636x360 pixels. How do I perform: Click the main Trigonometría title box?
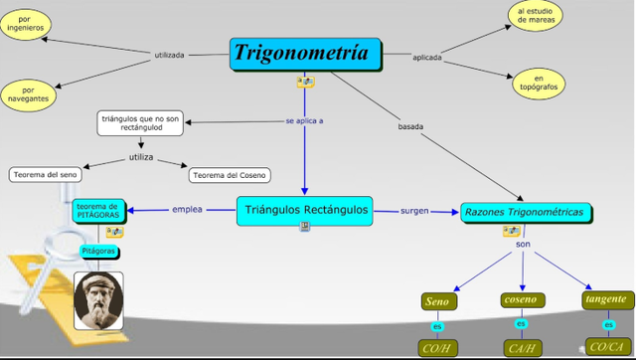tap(306, 54)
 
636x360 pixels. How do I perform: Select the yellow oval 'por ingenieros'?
tap(24, 25)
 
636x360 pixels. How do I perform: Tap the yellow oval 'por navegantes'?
tap(26, 94)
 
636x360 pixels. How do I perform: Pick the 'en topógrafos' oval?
tap(540, 84)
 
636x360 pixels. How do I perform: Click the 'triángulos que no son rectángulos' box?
tap(139, 122)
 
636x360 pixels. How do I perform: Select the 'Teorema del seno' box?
tap(43, 175)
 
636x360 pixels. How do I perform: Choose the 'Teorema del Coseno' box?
tap(229, 175)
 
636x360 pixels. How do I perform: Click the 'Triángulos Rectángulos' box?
tap(305, 209)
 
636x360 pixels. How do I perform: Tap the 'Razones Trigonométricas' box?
tap(528, 212)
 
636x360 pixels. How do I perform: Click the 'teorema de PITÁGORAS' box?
tap(97, 211)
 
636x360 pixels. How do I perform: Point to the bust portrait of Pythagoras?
tap(98, 301)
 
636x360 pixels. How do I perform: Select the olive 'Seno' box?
tap(437, 301)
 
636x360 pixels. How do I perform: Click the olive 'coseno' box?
tap(520, 299)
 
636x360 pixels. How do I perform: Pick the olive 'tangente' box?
tap(606, 298)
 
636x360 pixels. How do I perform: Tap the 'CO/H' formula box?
tap(437, 348)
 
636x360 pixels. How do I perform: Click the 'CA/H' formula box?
tap(522, 348)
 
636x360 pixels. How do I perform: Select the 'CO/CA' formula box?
tap(606, 347)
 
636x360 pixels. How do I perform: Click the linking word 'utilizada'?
tap(169, 55)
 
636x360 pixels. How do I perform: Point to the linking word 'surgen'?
tap(414, 211)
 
